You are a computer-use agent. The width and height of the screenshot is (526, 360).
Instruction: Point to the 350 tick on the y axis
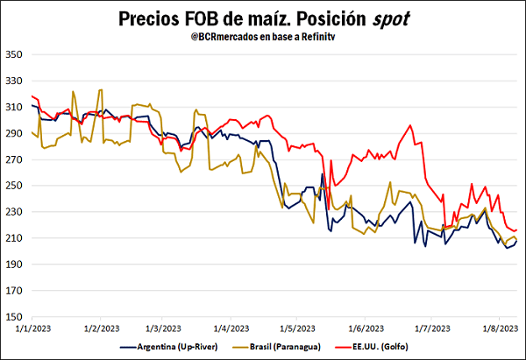15,54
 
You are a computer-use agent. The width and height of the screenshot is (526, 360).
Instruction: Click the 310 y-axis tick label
15,107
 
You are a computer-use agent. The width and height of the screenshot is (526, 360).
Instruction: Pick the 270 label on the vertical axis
15,159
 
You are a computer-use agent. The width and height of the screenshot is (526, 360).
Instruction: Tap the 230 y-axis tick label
15,212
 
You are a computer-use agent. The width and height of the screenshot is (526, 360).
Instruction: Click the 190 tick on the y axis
15,265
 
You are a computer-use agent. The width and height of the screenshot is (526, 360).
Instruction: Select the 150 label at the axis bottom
15,317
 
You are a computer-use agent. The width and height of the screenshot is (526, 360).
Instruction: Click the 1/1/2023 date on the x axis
32,328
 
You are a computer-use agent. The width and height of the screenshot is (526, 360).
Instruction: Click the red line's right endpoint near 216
516,229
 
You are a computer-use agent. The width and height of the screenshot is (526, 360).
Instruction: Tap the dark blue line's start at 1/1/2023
32,105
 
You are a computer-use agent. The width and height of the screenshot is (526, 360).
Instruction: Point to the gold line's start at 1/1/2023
32,132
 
